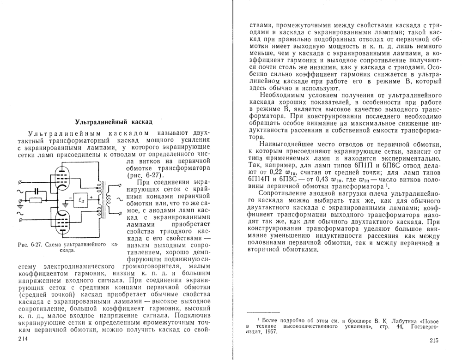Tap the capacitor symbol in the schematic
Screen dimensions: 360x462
[x=36, y=191]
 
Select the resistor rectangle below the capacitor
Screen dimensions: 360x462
[x=35, y=200]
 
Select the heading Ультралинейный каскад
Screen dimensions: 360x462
[x=114, y=123]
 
